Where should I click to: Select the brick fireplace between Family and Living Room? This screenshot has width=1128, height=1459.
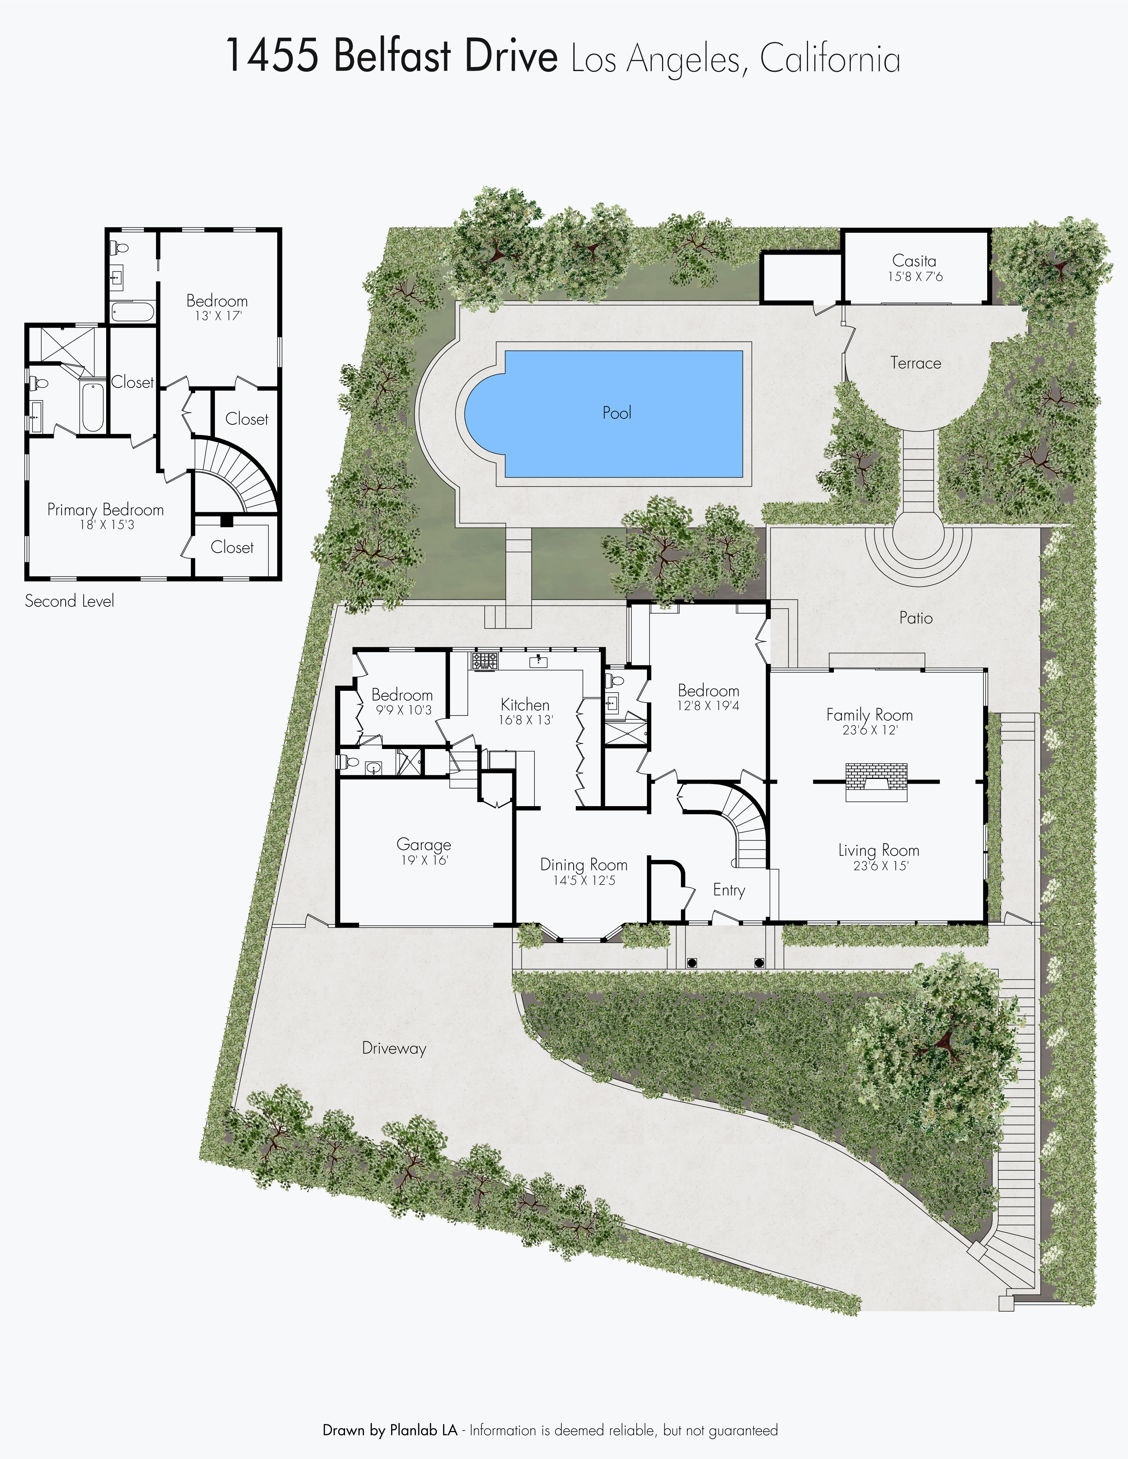pos(876,781)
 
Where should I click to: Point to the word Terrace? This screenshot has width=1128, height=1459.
pos(916,363)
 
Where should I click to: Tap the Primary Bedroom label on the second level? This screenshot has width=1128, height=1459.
pos(105,510)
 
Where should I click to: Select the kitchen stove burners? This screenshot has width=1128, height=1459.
pos(484,661)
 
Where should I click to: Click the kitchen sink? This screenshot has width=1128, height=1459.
pos(539,661)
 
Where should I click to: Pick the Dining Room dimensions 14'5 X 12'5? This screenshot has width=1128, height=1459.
pos(584,881)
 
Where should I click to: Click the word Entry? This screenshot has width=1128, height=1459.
pos(729,891)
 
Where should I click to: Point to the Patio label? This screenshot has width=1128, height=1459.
pos(916,618)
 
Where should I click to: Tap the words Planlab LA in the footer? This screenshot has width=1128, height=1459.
pos(424,1430)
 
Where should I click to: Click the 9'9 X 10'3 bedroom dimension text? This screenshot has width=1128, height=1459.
pos(404,710)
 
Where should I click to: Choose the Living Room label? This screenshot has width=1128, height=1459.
pos(879,850)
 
